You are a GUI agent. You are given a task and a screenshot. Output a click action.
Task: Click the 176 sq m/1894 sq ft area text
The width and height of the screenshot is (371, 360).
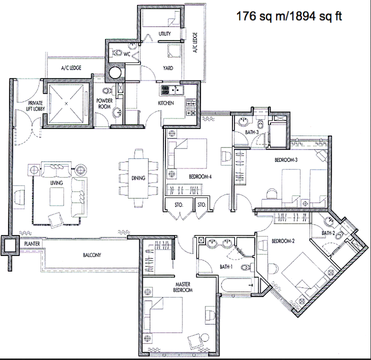click(x=289, y=16)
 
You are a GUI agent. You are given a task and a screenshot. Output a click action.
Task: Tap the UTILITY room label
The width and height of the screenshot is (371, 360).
click(x=164, y=34)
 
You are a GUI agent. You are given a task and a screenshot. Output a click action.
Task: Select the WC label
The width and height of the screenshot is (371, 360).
click(x=127, y=54)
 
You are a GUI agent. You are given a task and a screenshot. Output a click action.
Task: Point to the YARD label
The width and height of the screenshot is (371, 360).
click(x=168, y=68)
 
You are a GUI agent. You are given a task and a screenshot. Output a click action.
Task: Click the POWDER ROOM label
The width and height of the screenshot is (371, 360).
click(x=104, y=103)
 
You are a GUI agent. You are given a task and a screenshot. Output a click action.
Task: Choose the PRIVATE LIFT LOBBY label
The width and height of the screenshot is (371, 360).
click(x=35, y=105)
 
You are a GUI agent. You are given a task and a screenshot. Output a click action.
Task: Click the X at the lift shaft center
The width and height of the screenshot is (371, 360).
click(x=66, y=103)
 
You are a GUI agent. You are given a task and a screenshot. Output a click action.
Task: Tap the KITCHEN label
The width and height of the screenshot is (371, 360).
click(x=166, y=103)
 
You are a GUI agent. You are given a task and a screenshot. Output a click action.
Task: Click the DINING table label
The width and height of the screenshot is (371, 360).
click(x=138, y=178)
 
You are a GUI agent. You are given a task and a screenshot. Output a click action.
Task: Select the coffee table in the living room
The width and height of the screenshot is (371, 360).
click(x=57, y=197)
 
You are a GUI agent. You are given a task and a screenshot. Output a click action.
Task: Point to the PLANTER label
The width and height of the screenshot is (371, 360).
click(x=32, y=243)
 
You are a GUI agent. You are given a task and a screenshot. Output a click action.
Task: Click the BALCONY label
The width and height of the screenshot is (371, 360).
click(x=92, y=255)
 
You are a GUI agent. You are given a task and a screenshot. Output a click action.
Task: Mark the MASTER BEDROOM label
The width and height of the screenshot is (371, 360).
click(x=183, y=287)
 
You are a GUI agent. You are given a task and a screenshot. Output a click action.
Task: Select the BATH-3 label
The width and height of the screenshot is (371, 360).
click(x=252, y=132)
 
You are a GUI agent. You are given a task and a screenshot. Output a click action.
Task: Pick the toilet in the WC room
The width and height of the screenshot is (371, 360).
click(x=116, y=52)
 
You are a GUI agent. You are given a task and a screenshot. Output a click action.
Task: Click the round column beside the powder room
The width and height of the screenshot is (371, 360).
click(x=115, y=72)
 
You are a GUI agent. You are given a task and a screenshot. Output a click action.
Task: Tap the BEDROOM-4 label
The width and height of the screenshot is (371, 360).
click(x=200, y=176)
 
